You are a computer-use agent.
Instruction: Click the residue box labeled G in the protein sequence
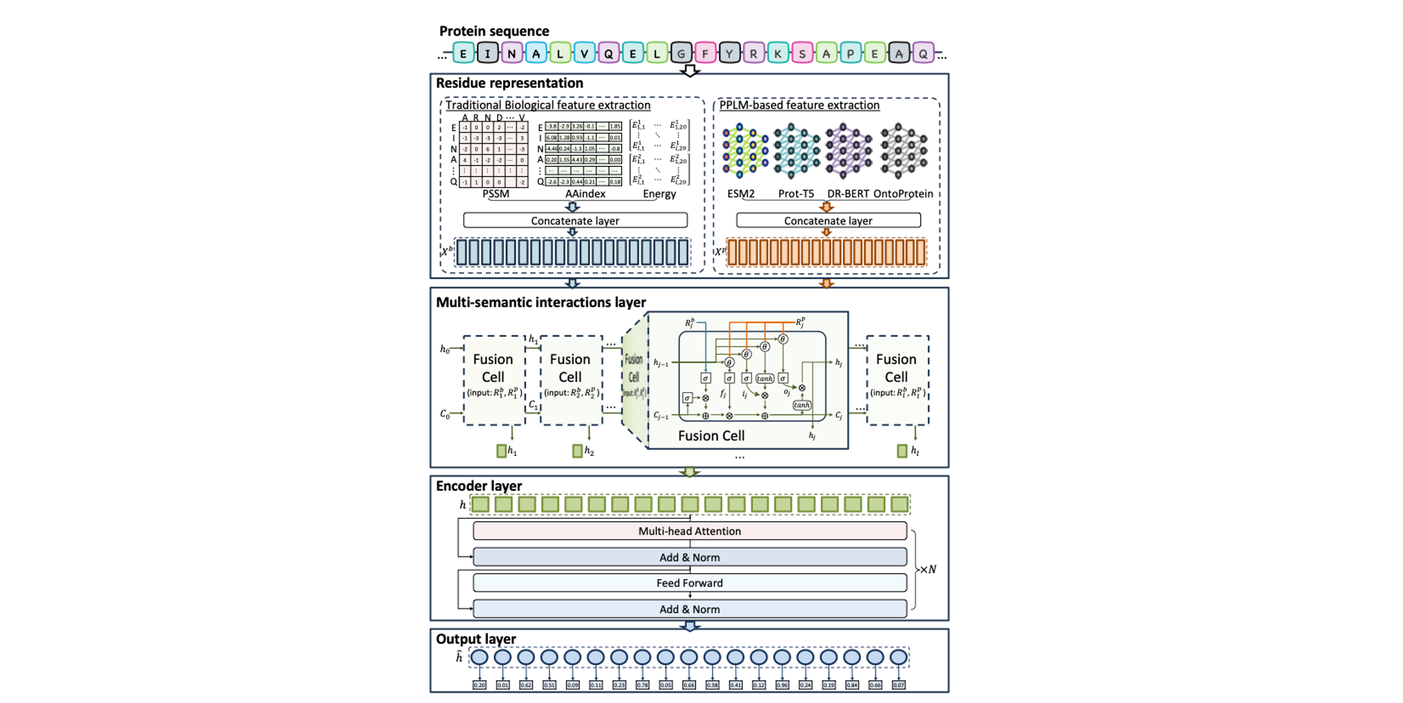pos(681,53)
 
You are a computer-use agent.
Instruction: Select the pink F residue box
pos(705,53)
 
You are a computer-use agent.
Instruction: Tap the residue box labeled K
pos(778,53)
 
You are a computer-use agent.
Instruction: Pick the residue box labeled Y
pos(729,53)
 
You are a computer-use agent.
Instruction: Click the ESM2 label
pos(741,193)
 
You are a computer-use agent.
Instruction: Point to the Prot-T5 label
pos(796,193)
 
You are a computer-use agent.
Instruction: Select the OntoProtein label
pos(903,193)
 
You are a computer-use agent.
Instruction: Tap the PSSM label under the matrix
pos(495,193)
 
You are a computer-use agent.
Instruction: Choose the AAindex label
pos(585,193)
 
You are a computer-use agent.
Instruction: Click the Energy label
pos(659,193)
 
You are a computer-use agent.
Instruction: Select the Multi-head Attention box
pos(690,531)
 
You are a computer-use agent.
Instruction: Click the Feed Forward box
pos(690,583)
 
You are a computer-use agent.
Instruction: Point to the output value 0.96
pos(782,685)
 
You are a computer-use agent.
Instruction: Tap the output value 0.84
pos(852,685)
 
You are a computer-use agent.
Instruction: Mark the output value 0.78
pos(642,685)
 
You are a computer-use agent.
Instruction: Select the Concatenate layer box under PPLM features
pos(828,220)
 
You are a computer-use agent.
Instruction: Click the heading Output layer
pos(476,639)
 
